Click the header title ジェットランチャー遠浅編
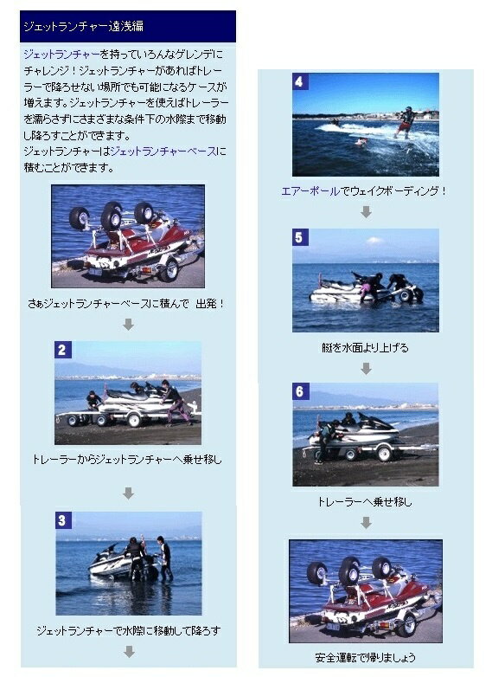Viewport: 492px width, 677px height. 83,26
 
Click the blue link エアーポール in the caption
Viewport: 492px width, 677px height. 310,190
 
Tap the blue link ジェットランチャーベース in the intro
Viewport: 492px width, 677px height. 164,152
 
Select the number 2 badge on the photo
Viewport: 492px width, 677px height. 63,350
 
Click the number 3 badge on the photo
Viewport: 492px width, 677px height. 64,520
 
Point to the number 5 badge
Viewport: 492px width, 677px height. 300,237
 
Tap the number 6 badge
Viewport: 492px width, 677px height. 300,391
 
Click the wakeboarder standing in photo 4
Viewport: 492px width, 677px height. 406,122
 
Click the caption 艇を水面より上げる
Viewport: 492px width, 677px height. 365,347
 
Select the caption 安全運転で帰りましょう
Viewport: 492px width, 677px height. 365,657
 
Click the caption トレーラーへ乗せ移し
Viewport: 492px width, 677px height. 365,502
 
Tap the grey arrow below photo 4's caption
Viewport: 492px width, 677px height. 366,211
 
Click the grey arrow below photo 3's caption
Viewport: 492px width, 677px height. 129,652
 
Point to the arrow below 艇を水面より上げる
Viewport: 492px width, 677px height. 366,368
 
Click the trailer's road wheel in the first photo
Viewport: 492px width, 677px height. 169,270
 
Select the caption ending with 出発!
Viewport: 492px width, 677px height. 126,304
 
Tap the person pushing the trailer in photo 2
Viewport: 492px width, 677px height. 175,402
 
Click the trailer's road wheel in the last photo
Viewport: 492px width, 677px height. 407,625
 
